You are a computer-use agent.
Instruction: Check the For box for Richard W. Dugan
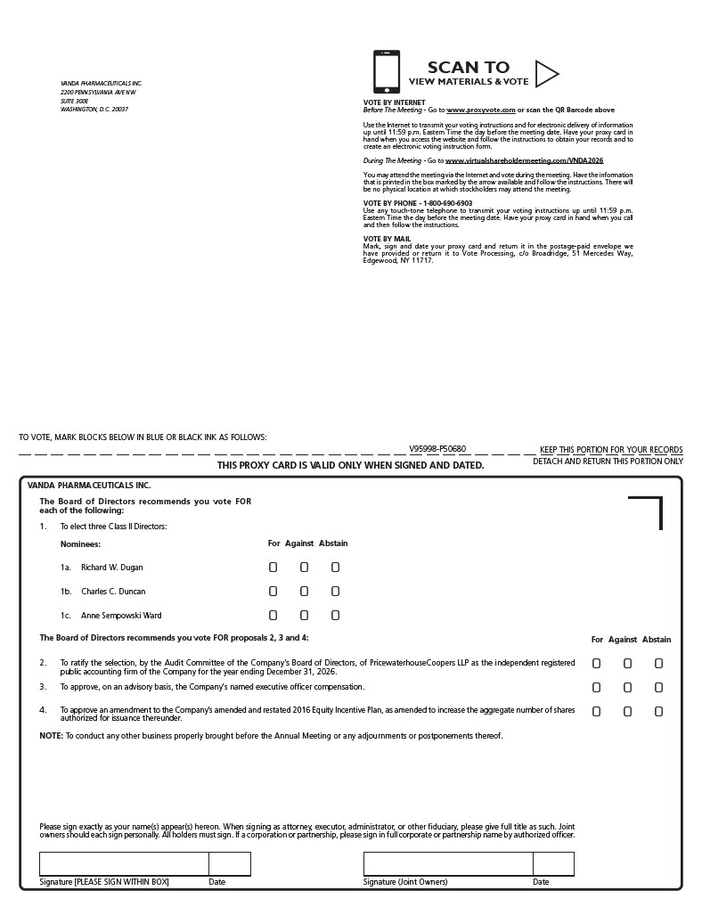click(x=273, y=567)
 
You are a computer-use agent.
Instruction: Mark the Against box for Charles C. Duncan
click(x=304, y=591)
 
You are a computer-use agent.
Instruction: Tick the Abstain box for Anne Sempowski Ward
click(x=335, y=615)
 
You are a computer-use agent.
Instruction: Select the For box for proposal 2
click(x=597, y=663)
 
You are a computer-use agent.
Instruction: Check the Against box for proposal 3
click(x=627, y=687)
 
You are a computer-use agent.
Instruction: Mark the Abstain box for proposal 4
click(x=658, y=711)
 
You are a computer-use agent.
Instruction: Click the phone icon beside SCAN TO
click(x=387, y=71)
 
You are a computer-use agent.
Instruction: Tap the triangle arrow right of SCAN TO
click(x=545, y=72)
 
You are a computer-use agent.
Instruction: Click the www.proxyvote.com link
click(x=481, y=110)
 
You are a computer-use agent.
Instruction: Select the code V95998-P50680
click(x=437, y=449)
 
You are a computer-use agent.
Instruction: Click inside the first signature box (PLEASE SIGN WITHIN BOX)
click(x=124, y=863)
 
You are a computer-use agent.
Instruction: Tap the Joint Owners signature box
click(x=448, y=863)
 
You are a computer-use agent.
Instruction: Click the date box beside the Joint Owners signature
click(x=553, y=863)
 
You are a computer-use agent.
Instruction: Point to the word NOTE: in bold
click(x=51, y=736)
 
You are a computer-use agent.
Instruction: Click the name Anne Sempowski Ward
click(x=121, y=616)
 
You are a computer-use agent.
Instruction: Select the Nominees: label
click(x=80, y=543)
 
